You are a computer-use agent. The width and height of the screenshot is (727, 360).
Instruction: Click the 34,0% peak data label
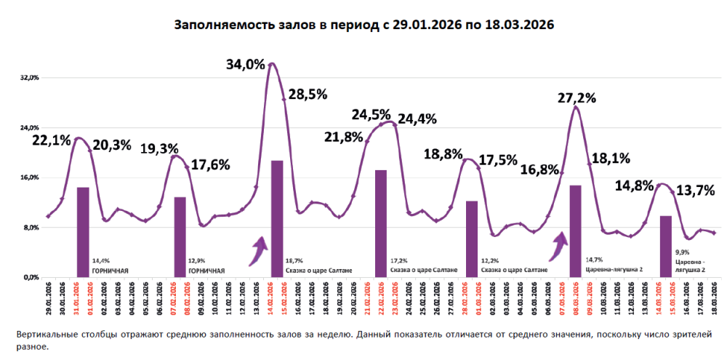pos(246,64)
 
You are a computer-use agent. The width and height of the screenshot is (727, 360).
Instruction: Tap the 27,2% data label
pos(577,97)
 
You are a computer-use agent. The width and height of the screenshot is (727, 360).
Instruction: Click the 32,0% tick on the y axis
pos(28,78)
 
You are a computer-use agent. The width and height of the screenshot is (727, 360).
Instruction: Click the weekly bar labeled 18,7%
pos(277,218)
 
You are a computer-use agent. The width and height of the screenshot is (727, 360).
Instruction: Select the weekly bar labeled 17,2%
pos(380,223)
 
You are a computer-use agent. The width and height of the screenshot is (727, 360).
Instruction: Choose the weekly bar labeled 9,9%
pos(665,246)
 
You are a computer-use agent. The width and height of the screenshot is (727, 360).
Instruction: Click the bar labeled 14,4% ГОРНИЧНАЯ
pos(83,232)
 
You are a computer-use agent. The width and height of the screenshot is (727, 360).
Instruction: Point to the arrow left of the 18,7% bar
pos(256,250)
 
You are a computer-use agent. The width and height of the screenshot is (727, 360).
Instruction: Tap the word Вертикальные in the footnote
pos(49,334)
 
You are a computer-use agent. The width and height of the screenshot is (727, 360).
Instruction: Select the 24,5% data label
pos(371,114)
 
